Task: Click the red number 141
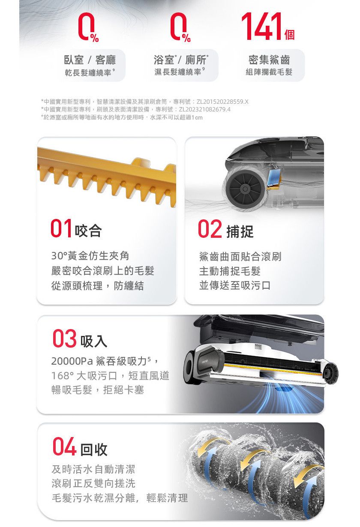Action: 261,27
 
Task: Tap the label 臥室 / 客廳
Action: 90,60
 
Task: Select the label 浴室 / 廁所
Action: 181,60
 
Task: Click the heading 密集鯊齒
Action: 269,60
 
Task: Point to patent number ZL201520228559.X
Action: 222,102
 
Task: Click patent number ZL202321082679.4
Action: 205,109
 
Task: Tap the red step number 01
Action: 61,228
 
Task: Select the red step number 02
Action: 210,229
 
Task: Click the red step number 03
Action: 64,338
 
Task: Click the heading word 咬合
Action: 88,231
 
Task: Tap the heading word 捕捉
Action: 240,231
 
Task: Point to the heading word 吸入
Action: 94,341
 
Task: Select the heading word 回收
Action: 94,449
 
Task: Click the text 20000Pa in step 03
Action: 72,361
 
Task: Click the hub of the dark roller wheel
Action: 245,189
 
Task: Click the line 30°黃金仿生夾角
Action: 90,256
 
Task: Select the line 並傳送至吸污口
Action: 235,285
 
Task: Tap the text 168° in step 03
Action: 63,376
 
